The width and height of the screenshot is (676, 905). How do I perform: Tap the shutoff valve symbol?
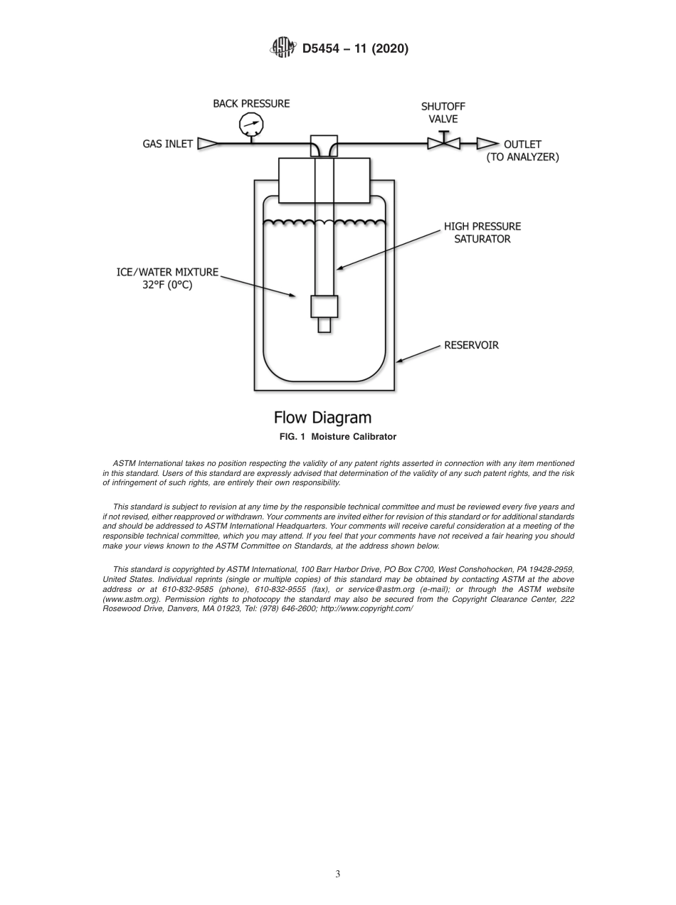pyautogui.click(x=443, y=143)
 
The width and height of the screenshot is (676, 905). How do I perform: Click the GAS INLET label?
pyautogui.click(x=167, y=144)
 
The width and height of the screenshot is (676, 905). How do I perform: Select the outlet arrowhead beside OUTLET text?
pyautogui.click(x=487, y=144)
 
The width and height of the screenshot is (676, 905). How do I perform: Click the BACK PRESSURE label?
pyautogui.click(x=251, y=104)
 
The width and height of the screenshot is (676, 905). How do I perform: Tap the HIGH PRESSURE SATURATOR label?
pyautogui.click(x=482, y=233)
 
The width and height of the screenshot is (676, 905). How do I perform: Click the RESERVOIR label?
pyautogui.click(x=471, y=346)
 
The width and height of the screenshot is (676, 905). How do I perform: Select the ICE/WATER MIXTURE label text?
pyautogui.click(x=168, y=272)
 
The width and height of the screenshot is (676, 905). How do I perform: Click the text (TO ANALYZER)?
pyautogui.click(x=522, y=157)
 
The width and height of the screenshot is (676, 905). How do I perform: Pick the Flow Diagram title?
pyautogui.click(x=322, y=417)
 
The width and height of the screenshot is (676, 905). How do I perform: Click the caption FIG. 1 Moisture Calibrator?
pyautogui.click(x=337, y=436)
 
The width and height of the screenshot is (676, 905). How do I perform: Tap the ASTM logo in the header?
pyautogui.click(x=282, y=48)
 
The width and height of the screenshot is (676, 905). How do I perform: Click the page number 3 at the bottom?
pyautogui.click(x=338, y=874)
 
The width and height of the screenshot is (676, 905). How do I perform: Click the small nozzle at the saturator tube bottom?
pyautogui.click(x=324, y=324)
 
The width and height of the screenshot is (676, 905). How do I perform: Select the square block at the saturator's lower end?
pyautogui.click(x=324, y=306)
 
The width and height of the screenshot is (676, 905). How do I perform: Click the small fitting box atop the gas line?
pyautogui.click(x=324, y=141)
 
